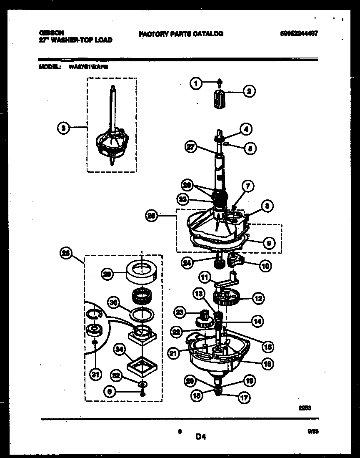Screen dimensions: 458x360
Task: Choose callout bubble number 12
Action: tap(258, 298)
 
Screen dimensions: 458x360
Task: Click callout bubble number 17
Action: tap(244, 398)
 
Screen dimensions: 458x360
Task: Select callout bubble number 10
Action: tap(265, 265)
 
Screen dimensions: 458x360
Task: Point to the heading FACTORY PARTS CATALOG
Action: tap(181, 34)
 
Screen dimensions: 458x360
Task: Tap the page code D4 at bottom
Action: tap(200, 437)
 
